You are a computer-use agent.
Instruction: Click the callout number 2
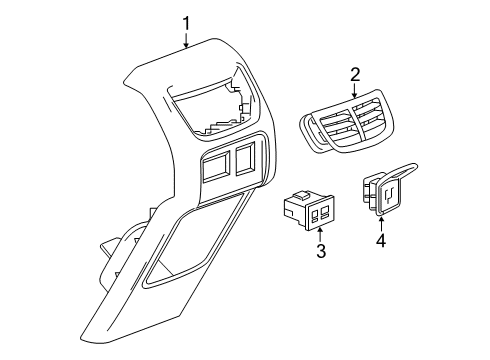tap(355, 73)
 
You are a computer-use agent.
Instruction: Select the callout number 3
tap(320, 251)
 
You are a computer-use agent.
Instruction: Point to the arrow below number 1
tap(186, 39)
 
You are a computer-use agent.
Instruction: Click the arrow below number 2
tap(355, 93)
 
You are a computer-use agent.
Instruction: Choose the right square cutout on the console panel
tap(246, 159)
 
